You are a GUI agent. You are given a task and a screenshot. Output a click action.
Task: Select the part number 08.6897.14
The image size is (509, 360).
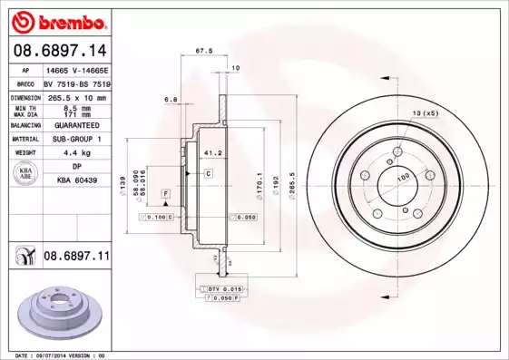[58, 50]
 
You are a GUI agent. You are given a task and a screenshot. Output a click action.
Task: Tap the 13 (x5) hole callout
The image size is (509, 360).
[426, 112]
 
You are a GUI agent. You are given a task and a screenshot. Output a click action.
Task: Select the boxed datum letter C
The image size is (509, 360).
[208, 172]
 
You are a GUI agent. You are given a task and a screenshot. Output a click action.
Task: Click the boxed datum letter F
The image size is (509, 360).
[166, 194]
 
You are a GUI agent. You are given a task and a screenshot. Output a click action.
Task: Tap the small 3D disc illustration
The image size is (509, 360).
[57, 313]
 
